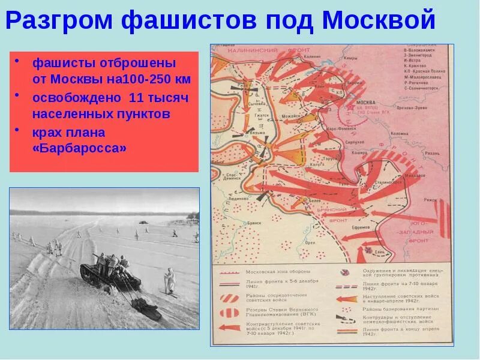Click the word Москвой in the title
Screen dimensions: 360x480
[378, 21]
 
